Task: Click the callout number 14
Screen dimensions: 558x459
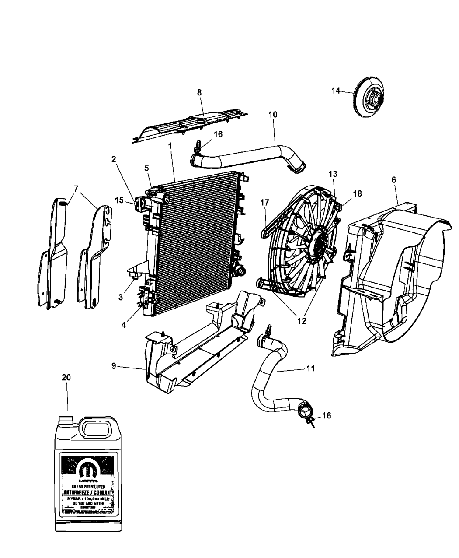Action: (335, 91)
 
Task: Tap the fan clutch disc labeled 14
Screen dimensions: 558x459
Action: (369, 97)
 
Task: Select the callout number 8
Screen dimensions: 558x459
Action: (199, 92)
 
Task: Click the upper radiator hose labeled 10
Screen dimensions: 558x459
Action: (245, 157)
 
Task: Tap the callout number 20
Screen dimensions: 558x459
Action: (66, 377)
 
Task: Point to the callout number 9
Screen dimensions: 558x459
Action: (114, 366)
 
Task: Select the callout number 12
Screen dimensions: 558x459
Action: (301, 321)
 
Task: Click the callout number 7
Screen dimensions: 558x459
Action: (76, 189)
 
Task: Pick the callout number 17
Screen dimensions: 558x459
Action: (264, 202)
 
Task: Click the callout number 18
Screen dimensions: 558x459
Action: (357, 193)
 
